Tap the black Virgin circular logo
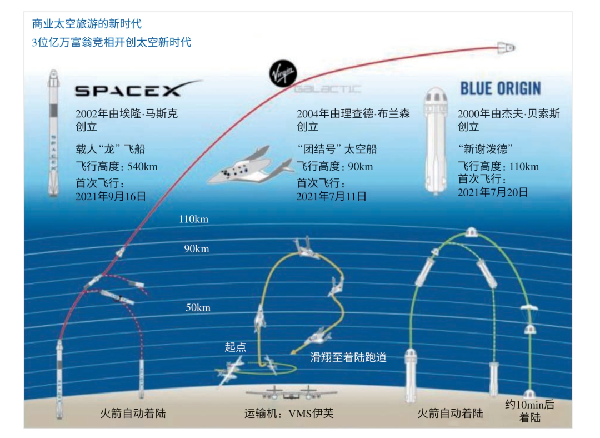click(x=283, y=73)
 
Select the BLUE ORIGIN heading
click(x=501, y=88)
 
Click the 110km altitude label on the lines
click(x=194, y=219)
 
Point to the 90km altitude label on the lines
click(x=197, y=248)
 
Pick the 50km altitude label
click(x=198, y=307)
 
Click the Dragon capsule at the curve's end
click(x=506, y=48)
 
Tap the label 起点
click(x=236, y=347)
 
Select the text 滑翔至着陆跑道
click(x=348, y=357)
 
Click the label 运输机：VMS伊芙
click(x=289, y=414)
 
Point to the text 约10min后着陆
click(x=529, y=411)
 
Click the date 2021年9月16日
click(x=111, y=196)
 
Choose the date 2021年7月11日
click(x=331, y=196)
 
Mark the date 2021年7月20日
click(x=493, y=192)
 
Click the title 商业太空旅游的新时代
click(x=87, y=24)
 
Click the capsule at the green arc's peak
click(x=471, y=232)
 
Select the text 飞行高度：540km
click(x=117, y=166)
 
